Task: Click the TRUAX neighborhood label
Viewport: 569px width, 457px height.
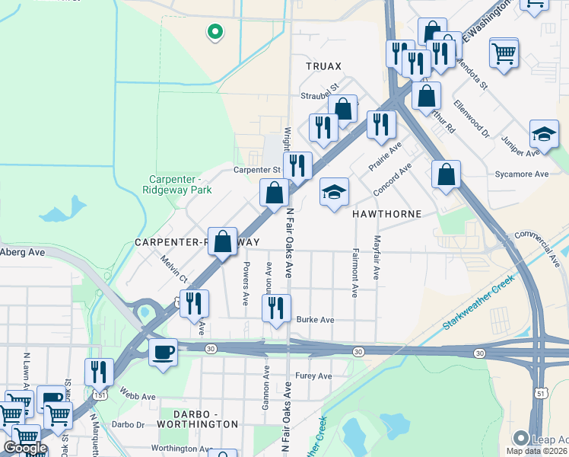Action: [323, 66]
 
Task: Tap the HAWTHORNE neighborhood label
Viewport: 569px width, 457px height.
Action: [386, 214]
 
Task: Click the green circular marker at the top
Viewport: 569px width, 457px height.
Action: [215, 31]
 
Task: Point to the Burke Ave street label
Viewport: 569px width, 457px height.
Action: [315, 320]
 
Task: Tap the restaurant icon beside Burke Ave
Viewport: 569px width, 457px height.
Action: [276, 308]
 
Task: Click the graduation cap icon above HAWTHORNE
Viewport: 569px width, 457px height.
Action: [333, 193]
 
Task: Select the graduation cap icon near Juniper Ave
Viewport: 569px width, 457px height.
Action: [544, 135]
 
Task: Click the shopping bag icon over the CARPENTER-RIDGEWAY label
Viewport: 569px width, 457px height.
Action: [222, 243]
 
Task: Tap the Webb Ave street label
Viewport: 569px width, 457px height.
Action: [137, 395]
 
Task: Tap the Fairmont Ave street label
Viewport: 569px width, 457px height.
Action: [354, 272]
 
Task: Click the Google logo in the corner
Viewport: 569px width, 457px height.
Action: [25, 447]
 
